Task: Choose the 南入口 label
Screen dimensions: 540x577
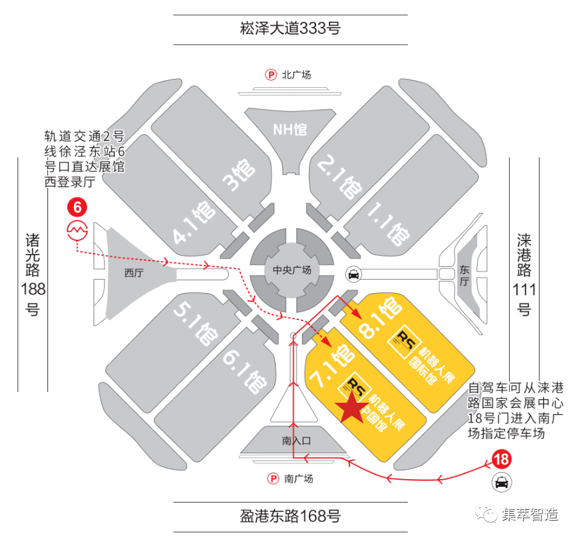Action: (x=296, y=441)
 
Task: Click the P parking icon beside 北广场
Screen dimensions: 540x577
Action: (x=271, y=75)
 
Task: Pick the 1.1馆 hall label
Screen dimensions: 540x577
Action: (x=392, y=225)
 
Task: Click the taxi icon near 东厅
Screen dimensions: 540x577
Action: (x=353, y=274)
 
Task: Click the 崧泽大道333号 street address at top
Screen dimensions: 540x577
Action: (x=290, y=28)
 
